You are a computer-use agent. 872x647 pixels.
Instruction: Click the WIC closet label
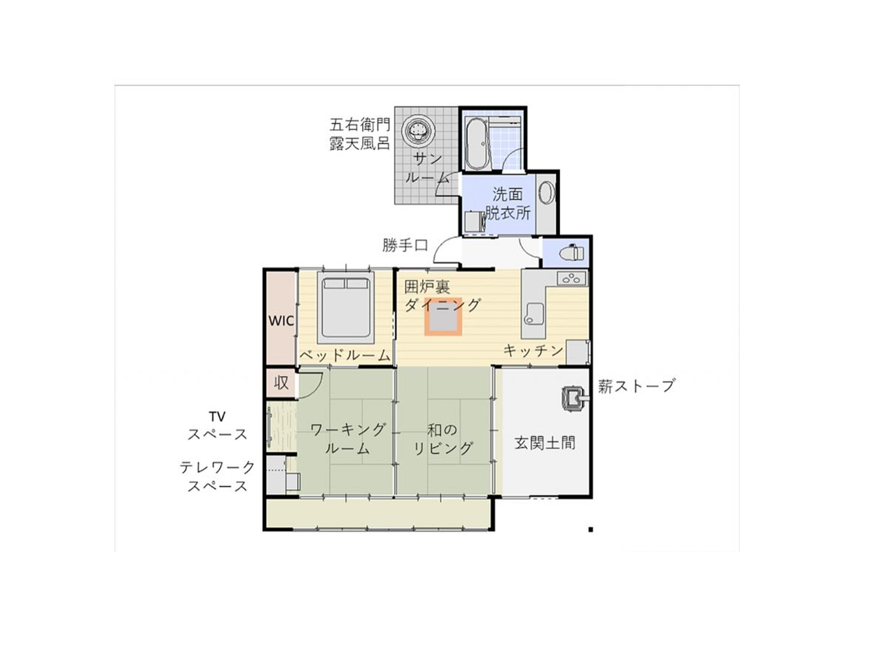pos(281,321)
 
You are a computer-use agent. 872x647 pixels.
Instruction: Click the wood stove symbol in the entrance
pos(573,398)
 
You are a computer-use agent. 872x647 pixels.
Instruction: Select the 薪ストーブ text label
pos(636,386)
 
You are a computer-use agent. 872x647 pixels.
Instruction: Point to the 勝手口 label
pos(405,246)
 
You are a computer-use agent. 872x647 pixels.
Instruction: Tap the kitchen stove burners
pos(571,279)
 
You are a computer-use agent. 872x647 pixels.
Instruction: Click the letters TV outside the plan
pos(217,416)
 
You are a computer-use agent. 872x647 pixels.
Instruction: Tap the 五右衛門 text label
pos(360,125)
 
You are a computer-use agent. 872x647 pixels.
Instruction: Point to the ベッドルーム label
pos(345,356)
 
